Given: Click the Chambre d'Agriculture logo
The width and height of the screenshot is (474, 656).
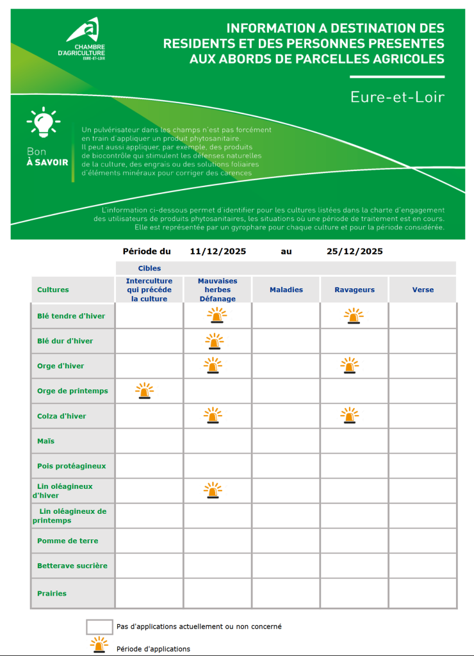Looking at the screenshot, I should (86, 38).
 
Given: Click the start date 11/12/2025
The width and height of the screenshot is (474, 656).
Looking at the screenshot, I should (218, 251).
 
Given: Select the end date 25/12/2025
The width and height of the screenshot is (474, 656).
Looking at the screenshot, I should (354, 251).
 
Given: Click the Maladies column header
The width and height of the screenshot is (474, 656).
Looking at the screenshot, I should (286, 290).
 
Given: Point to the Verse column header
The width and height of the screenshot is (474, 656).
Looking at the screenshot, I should (423, 290).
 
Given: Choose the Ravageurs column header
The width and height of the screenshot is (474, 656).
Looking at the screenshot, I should (354, 290).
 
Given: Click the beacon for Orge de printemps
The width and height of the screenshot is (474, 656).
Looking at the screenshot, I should (145, 391).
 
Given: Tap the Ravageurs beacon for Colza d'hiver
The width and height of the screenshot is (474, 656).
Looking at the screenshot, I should (350, 416).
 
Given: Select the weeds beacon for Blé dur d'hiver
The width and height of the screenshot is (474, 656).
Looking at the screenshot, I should (213, 341).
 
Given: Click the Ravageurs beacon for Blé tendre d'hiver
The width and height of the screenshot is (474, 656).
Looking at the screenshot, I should (353, 316).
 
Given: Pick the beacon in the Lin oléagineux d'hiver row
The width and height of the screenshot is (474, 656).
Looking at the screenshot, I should (213, 491).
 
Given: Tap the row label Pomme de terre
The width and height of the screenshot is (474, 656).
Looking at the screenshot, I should (67, 541).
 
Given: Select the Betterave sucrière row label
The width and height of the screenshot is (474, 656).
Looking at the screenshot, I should (72, 566).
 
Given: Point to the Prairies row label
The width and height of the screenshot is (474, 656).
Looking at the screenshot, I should (52, 593).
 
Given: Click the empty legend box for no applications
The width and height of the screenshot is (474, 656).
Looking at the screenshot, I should (99, 626).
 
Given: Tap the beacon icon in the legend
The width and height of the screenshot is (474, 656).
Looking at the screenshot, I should (99, 644).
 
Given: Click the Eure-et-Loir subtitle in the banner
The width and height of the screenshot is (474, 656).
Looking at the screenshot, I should (397, 97).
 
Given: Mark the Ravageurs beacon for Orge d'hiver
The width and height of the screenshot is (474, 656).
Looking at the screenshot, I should (350, 366).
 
